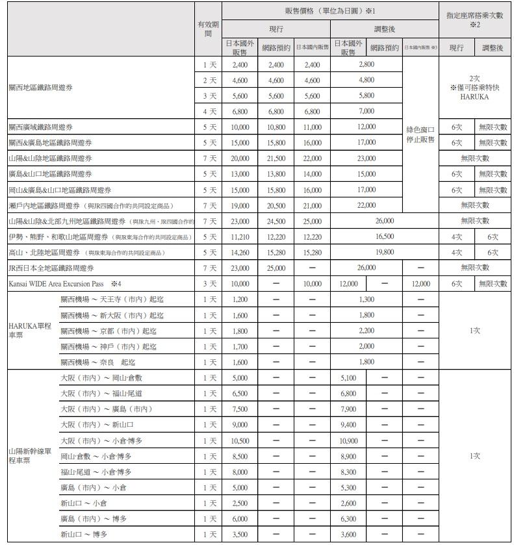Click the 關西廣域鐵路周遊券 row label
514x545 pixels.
pyautogui.click(x=40, y=127)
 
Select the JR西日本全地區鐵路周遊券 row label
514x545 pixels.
pyautogui.click(x=51, y=268)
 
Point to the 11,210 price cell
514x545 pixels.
pyautogui.click(x=240, y=237)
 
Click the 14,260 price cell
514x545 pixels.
pyautogui.click(x=240, y=253)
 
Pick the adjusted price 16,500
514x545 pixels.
pyautogui.click(x=385, y=237)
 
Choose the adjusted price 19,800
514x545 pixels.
pyautogui.click(x=385, y=253)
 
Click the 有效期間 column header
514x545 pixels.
pyautogui.click(x=208, y=29)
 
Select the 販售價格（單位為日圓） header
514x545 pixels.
pyautogui.click(x=330, y=11)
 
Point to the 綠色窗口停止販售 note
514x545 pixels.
pyautogui.click(x=420, y=134)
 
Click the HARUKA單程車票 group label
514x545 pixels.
pyautogui.click(x=30, y=331)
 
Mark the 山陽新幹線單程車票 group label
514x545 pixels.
pyautogui.click(x=30, y=456)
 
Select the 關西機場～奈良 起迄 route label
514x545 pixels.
pyautogui.click(x=98, y=362)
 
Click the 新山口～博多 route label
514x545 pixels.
pyautogui.click(x=84, y=535)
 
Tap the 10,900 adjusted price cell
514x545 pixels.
pyautogui.click(x=348, y=440)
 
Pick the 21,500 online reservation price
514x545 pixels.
pyautogui.click(x=276, y=158)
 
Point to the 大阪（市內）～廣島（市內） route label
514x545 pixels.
pyautogui.click(x=107, y=409)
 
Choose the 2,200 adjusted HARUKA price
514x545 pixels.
pyautogui.click(x=366, y=331)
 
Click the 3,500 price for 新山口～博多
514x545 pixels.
pyautogui.click(x=240, y=535)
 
